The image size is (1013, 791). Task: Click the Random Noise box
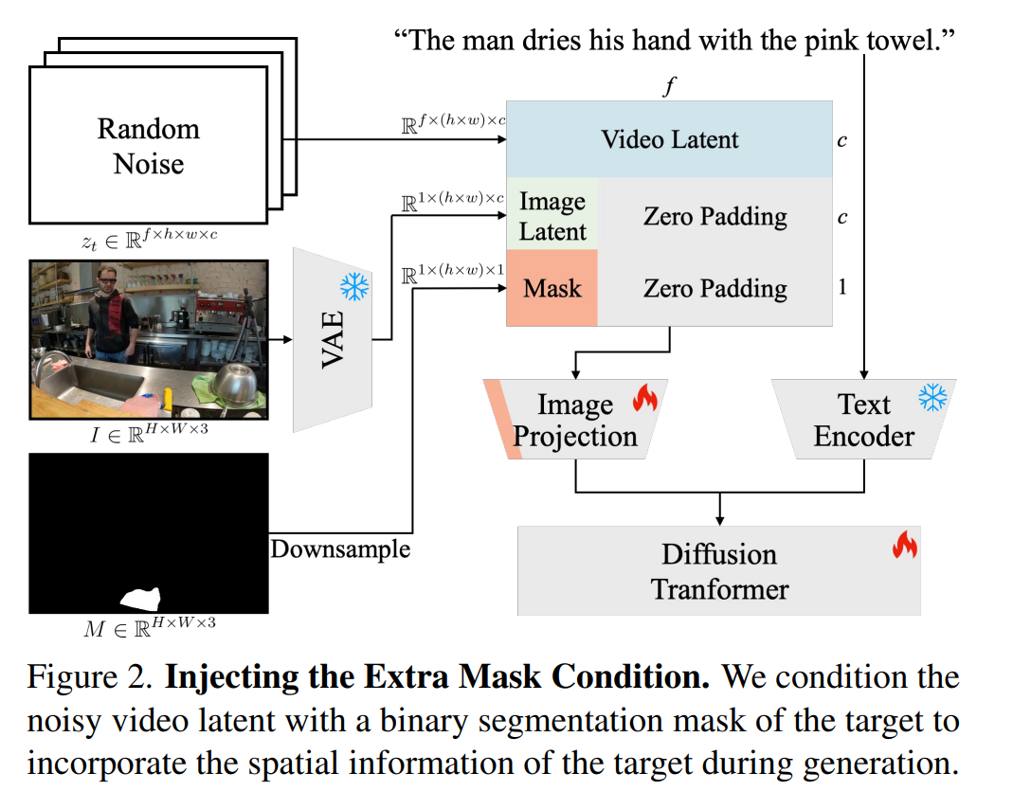(x=149, y=145)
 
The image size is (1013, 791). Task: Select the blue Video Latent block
(x=669, y=139)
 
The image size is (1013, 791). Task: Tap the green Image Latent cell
(x=552, y=215)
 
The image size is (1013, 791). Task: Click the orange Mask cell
(x=552, y=288)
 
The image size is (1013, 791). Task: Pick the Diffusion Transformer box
(x=719, y=571)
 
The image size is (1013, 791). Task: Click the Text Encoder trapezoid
(x=864, y=419)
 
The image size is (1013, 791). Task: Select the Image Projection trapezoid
(x=575, y=419)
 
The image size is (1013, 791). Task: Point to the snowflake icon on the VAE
(x=354, y=286)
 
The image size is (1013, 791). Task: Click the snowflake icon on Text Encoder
(x=932, y=397)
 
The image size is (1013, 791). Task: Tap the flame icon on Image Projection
(x=644, y=397)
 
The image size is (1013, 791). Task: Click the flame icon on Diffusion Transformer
(x=905, y=545)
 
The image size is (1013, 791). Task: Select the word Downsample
(x=340, y=548)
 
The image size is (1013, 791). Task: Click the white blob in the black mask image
(x=141, y=598)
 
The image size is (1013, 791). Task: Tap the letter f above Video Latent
(x=669, y=85)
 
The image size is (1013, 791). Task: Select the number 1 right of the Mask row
(x=841, y=287)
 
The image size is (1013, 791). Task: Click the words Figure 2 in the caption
(x=90, y=676)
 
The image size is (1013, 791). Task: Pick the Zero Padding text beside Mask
(x=715, y=288)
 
